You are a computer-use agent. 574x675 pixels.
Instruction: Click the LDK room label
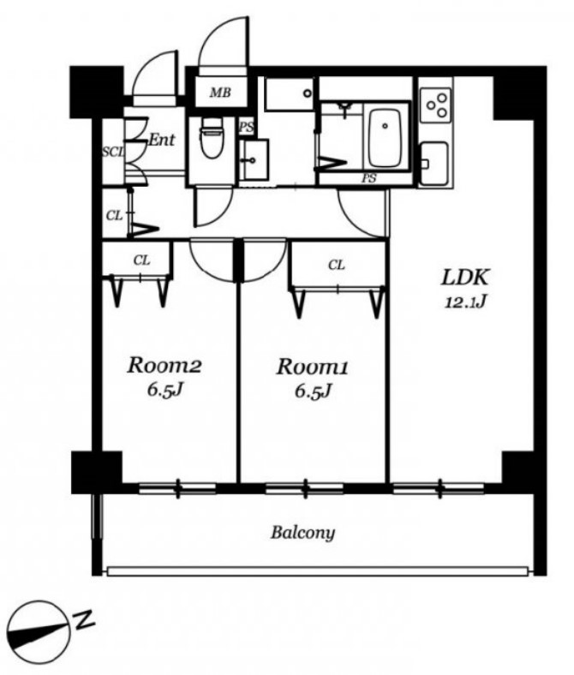pyautogui.click(x=465, y=278)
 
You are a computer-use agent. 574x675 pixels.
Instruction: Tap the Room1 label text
pyautogui.click(x=312, y=367)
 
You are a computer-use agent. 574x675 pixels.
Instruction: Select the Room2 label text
pyautogui.click(x=164, y=366)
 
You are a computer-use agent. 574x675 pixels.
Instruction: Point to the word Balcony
pyautogui.click(x=302, y=533)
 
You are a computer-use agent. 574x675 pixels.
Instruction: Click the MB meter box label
pyautogui.click(x=220, y=93)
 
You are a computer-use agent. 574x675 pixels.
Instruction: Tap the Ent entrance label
pyautogui.click(x=162, y=139)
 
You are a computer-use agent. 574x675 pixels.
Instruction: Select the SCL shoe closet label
pyautogui.click(x=113, y=152)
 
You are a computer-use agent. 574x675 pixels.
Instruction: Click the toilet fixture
pyautogui.click(x=212, y=136)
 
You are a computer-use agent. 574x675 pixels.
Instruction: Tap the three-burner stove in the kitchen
pyautogui.click(x=436, y=105)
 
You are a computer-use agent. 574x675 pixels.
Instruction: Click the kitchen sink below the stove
pyautogui.click(x=434, y=164)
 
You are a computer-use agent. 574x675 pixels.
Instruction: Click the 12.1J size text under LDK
pyautogui.click(x=465, y=303)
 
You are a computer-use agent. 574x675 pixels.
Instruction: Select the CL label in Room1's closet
pyautogui.click(x=337, y=266)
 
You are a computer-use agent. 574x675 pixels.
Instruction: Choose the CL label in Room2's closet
pyautogui.click(x=141, y=260)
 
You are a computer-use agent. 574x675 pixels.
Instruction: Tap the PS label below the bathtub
pyautogui.click(x=369, y=178)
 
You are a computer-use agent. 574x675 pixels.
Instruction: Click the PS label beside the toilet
pyautogui.click(x=247, y=127)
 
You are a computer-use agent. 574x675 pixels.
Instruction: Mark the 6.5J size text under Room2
pyautogui.click(x=166, y=391)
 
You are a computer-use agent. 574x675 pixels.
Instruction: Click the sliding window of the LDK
pyautogui.click(x=439, y=488)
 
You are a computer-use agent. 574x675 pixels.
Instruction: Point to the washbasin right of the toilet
pyautogui.click(x=254, y=159)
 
